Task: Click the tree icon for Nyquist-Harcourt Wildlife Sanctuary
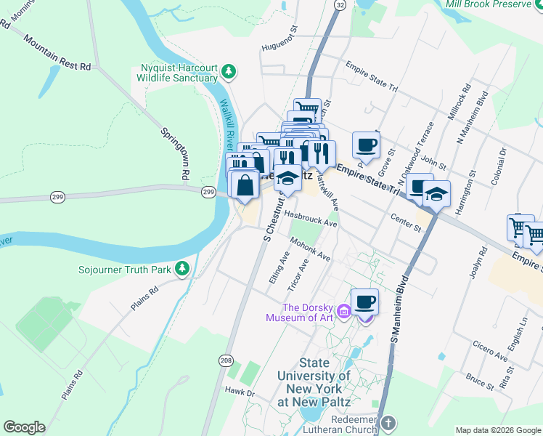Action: click(x=229, y=70)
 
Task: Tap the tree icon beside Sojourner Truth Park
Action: click(x=182, y=270)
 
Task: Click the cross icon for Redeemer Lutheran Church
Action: click(x=388, y=423)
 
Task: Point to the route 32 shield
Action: click(x=340, y=4)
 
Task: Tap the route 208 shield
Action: click(x=226, y=360)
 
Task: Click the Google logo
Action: click(x=24, y=427)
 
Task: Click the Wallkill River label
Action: click(x=226, y=119)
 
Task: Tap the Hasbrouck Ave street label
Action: click(x=311, y=219)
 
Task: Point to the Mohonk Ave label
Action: click(x=310, y=249)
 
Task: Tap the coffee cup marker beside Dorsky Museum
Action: click(x=365, y=302)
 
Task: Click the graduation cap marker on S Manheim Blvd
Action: click(x=436, y=194)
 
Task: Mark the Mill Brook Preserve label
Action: click(x=492, y=4)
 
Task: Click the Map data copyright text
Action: click(x=497, y=429)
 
